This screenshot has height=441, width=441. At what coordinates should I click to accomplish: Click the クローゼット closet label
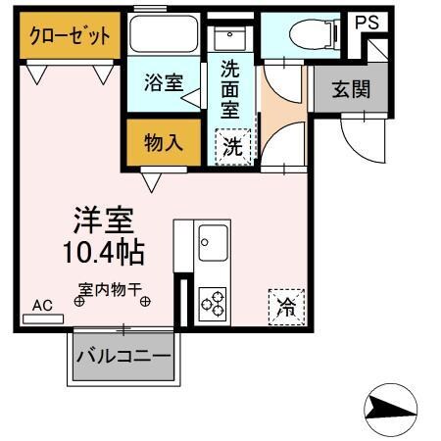pos(69,36)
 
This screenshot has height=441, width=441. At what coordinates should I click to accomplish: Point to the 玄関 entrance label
pos(351,91)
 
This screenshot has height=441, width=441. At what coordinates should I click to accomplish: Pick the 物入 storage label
pos(165,143)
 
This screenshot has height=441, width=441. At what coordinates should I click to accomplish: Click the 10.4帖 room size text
pos(102,252)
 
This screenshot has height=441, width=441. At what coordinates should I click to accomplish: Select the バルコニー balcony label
pos(124,356)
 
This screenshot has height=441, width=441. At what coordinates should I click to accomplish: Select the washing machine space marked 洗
pos(233,148)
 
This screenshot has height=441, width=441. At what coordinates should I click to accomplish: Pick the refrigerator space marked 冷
pos(287,307)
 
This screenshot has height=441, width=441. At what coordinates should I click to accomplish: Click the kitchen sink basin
pos(213,238)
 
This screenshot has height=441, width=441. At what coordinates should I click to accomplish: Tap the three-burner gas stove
pos(213,303)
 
